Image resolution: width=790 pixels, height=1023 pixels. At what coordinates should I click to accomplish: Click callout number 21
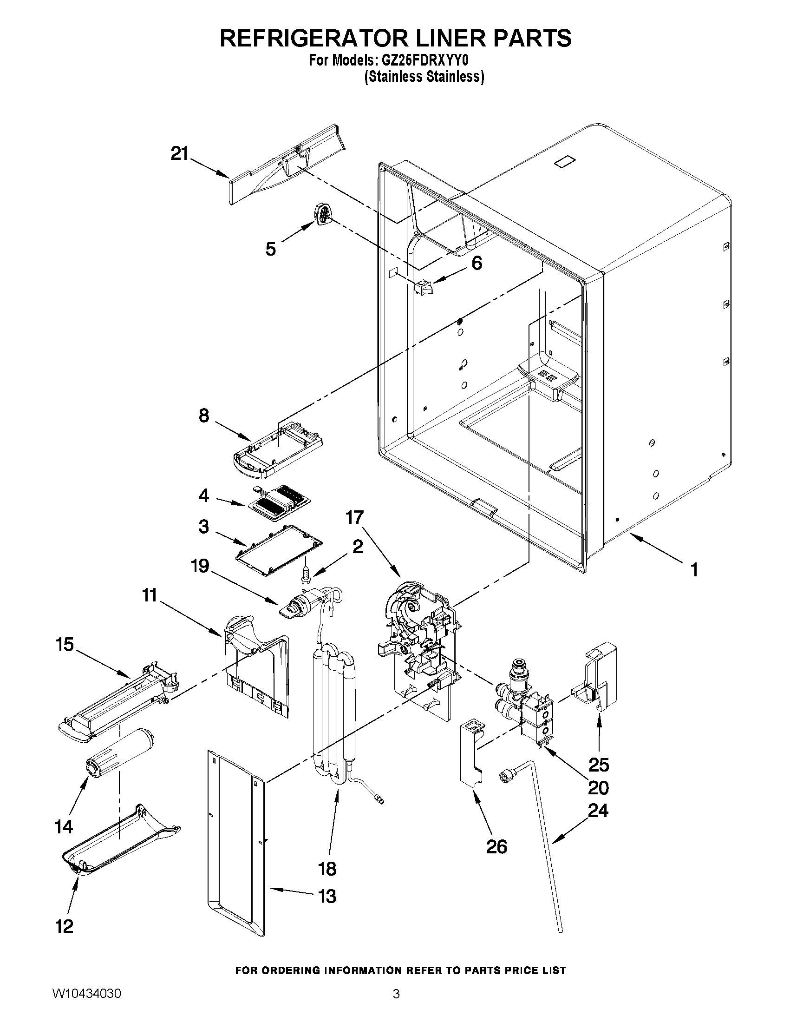[x=179, y=154]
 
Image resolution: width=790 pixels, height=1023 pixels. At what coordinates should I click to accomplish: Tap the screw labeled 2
[x=306, y=575]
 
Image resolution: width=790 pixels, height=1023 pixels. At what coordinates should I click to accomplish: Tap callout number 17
[x=354, y=518]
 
